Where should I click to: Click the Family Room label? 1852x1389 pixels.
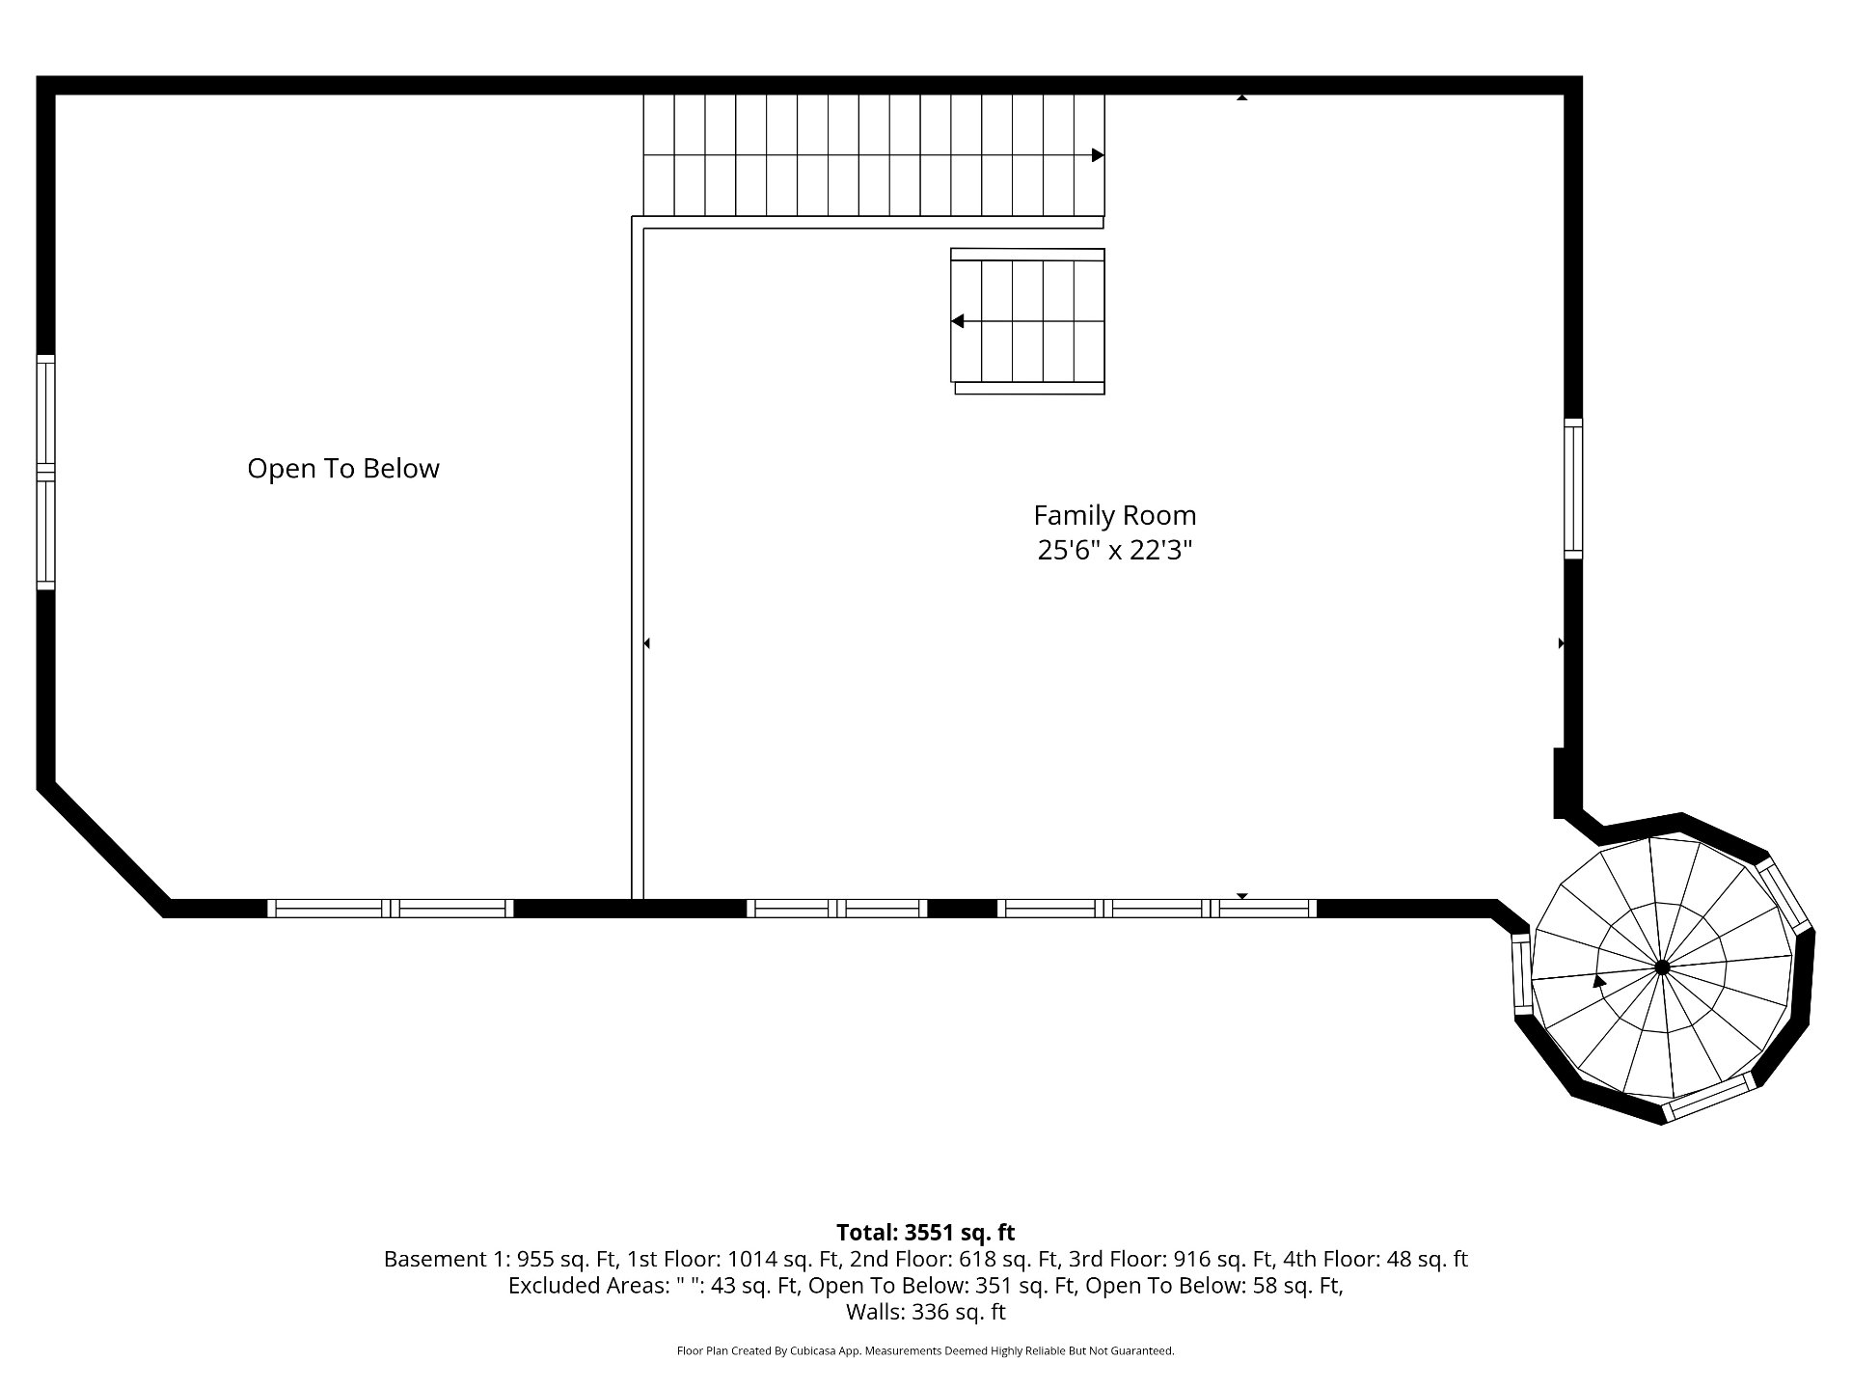1114,515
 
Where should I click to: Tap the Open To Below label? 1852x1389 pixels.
343,469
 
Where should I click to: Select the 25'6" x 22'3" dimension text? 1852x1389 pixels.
1115,550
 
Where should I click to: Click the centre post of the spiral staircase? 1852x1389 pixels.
1662,967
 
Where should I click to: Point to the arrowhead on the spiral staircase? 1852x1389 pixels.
1599,981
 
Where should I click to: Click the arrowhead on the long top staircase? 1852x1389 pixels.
1098,155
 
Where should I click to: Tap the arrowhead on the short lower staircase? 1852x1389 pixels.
958,321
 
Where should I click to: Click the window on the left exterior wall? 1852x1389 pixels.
45,472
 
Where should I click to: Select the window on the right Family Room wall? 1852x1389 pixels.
1573,488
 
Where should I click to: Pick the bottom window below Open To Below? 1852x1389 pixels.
390,908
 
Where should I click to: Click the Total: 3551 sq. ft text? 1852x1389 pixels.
926,1232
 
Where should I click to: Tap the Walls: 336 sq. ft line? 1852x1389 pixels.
926,1312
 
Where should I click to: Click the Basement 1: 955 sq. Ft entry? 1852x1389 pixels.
502,1259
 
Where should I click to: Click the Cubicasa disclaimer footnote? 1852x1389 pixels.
926,1351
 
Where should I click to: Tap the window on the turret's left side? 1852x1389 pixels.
1521,973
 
